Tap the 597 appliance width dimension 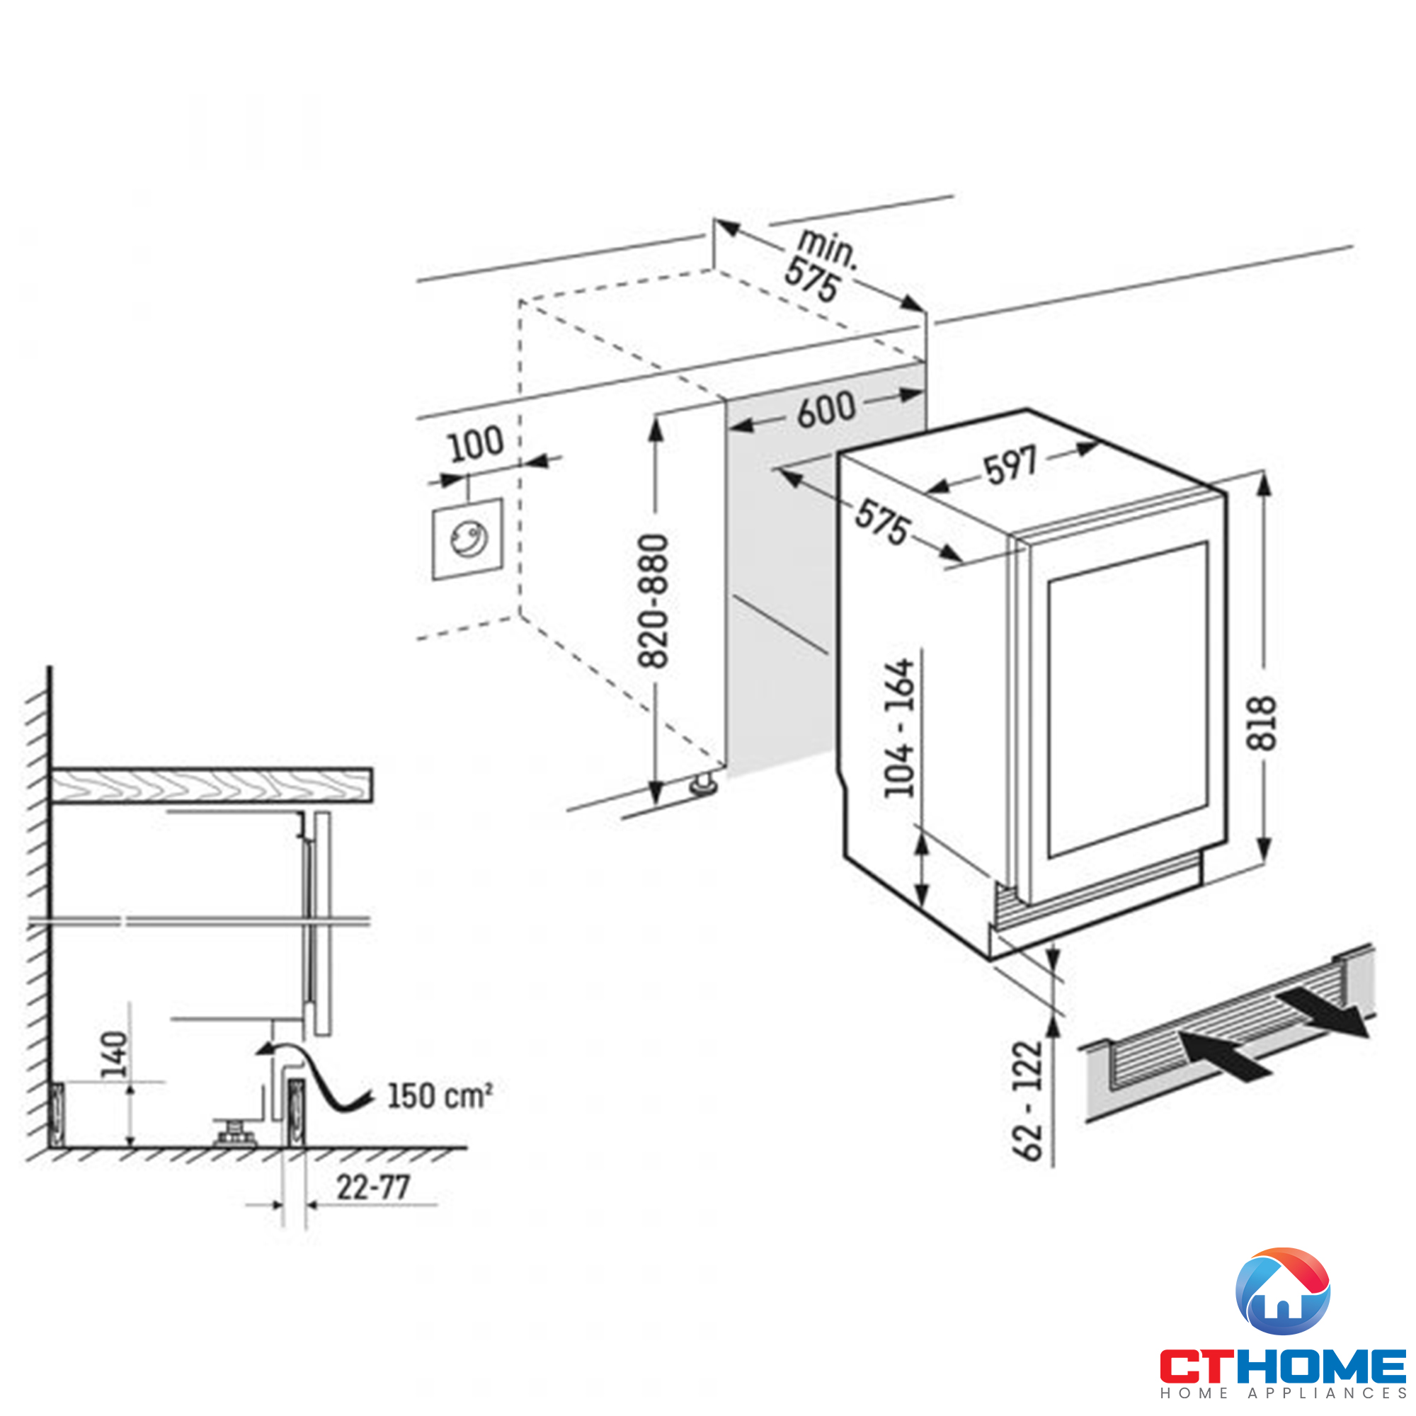1011,465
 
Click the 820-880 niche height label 653,601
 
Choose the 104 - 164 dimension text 900,728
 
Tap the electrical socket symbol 467,539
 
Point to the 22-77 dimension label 373,1187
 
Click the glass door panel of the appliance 1128,700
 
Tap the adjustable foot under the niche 704,785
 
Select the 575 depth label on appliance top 883,523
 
